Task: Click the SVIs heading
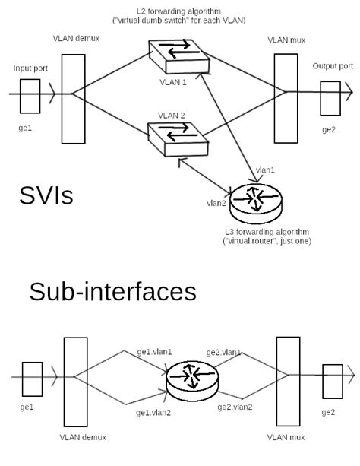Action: click(x=46, y=195)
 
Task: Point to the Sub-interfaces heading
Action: click(x=112, y=291)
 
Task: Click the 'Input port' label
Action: click(x=30, y=68)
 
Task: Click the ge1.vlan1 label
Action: click(x=154, y=352)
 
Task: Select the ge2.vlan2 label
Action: click(x=235, y=407)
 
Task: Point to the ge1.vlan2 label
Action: click(x=154, y=412)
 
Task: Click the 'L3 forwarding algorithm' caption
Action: click(x=267, y=231)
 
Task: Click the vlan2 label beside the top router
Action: click(x=217, y=203)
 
